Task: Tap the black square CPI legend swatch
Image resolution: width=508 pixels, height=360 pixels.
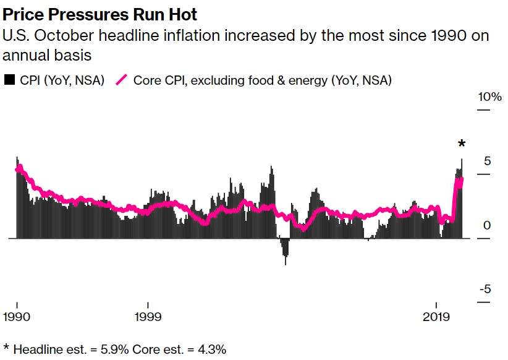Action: (9, 80)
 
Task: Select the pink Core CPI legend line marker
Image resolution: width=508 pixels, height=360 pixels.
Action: (122, 80)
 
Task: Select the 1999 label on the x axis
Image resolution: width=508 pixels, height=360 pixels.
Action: (148, 316)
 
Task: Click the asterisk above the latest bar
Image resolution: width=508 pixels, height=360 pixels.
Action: (461, 145)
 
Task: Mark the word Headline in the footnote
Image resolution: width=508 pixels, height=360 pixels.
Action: (36, 349)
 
